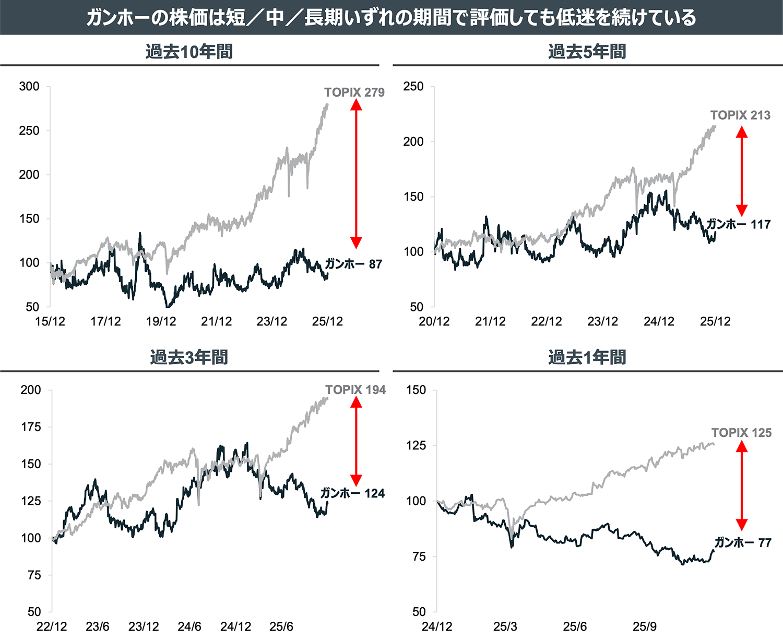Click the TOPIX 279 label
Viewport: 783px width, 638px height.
tap(354, 92)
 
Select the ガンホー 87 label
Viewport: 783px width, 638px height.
tap(353, 264)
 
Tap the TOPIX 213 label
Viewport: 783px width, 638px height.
tap(740, 115)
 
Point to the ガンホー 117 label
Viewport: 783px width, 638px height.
tap(738, 224)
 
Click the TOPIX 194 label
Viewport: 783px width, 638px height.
tap(355, 390)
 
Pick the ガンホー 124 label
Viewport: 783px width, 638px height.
tap(352, 493)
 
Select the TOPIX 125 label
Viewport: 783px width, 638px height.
tap(741, 433)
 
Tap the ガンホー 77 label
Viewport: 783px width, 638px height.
tap(742, 542)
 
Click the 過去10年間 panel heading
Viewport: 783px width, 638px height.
tap(189, 52)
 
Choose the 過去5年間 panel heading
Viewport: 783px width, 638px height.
tap(587, 52)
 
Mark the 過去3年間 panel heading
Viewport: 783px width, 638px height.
tap(189, 357)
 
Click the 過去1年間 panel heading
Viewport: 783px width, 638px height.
tap(587, 357)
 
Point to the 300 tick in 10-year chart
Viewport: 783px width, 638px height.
tap(29, 87)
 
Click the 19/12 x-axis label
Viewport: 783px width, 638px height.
tap(161, 321)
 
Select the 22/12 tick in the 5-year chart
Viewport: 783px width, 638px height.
tap(546, 321)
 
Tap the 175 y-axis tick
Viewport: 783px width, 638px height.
tap(31, 427)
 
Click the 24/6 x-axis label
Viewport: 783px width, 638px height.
tap(189, 626)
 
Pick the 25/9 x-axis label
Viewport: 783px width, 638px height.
tap(644, 626)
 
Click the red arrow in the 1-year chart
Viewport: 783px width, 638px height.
tap(742, 486)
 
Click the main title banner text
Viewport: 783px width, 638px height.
tap(391, 17)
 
